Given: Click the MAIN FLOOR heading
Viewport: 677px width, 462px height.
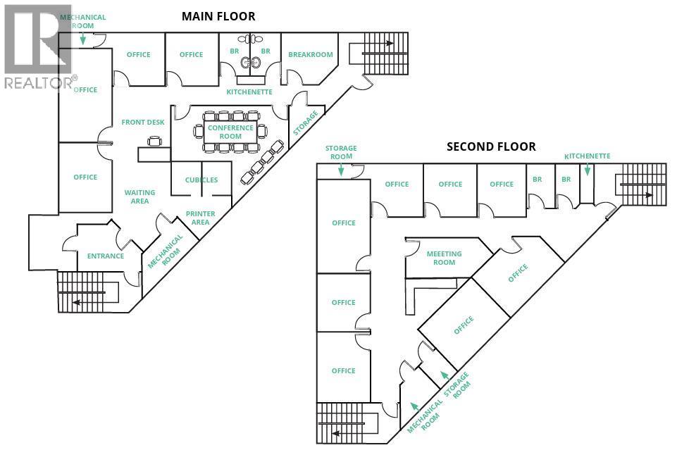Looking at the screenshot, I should click(x=218, y=16).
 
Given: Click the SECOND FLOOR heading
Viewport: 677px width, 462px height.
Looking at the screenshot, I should click(x=491, y=146).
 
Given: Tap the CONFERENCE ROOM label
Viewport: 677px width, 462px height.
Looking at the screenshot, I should click(x=230, y=132).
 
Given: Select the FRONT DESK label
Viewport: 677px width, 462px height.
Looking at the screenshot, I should click(x=143, y=123).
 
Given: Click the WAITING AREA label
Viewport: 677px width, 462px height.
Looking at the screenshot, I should click(x=139, y=196).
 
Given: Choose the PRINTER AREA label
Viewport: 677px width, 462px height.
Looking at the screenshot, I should click(x=201, y=218).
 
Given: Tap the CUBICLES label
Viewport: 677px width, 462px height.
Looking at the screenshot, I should click(x=201, y=180).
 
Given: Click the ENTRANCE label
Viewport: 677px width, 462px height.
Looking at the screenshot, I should click(x=106, y=256).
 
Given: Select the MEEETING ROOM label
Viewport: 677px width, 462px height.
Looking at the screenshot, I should click(x=444, y=258).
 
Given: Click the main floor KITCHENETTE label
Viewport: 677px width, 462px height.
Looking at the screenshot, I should click(x=249, y=92).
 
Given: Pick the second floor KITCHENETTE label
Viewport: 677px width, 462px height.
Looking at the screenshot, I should click(x=588, y=156).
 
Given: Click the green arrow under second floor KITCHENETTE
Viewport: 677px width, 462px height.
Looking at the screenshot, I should click(x=588, y=170).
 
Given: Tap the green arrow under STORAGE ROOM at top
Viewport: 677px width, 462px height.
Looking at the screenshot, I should click(x=341, y=169).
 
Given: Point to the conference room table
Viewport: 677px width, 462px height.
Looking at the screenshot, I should click(x=230, y=132).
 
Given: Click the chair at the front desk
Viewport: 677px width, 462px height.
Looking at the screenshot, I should click(x=154, y=142).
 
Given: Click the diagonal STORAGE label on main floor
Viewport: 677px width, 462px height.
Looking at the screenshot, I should click(x=305, y=123).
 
